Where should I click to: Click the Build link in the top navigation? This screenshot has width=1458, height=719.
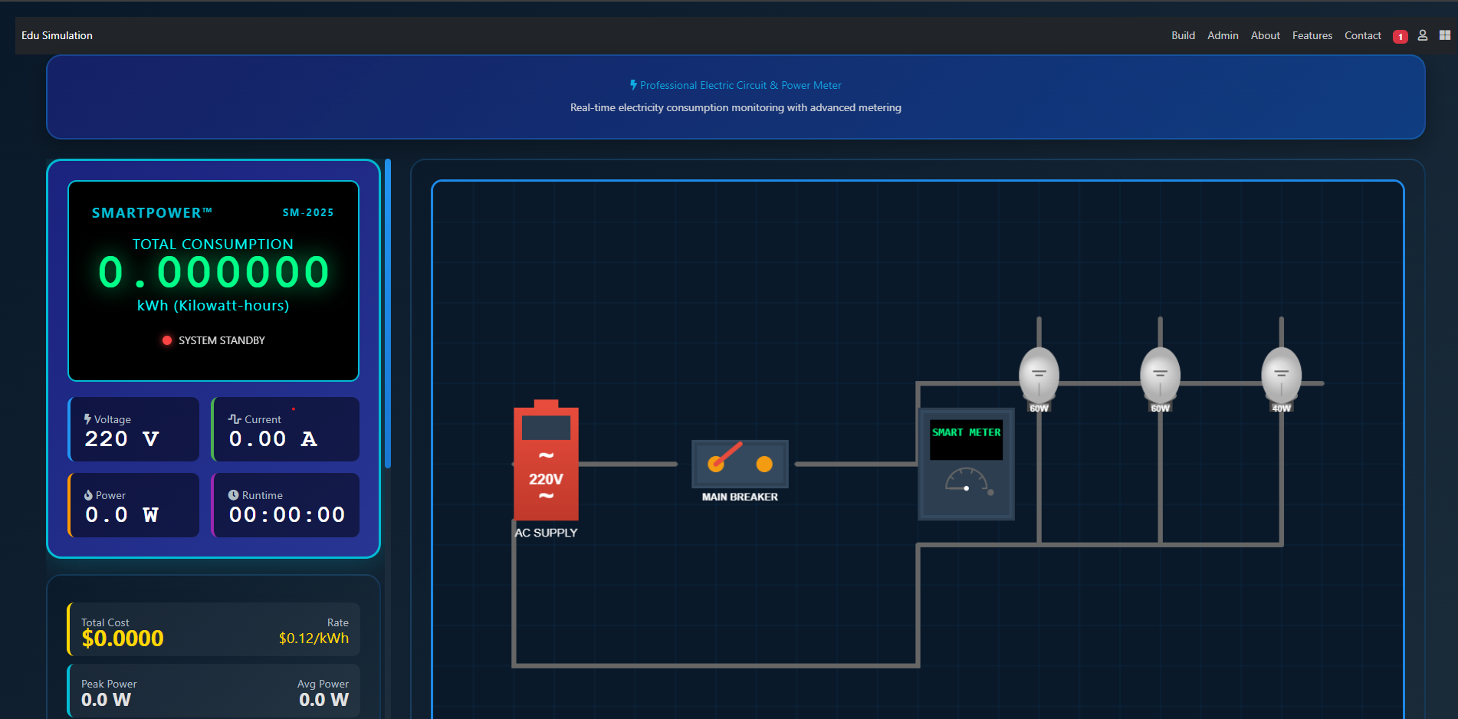coord(1183,35)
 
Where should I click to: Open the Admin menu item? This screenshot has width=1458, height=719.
coord(1223,35)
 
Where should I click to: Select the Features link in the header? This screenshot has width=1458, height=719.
coord(1312,35)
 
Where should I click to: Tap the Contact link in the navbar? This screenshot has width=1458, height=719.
coord(1362,35)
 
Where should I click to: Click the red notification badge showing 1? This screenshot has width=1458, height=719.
coord(1400,37)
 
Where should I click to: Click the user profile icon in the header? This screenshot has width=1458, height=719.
coord(1422,35)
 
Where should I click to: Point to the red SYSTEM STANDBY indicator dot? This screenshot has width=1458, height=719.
coord(167,340)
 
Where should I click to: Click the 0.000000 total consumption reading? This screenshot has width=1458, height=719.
coord(214,273)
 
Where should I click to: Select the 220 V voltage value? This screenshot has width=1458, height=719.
coord(122,439)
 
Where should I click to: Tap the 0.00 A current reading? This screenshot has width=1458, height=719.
coord(273,439)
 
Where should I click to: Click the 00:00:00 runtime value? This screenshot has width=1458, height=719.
coord(287,514)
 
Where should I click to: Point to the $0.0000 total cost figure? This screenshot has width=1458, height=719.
coord(123,639)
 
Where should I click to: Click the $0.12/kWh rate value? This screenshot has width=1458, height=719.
coord(314,639)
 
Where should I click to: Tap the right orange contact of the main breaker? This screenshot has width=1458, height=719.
coord(764,464)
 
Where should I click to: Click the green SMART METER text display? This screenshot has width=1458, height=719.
coord(967,432)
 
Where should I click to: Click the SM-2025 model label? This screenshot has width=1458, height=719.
coord(308,213)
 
